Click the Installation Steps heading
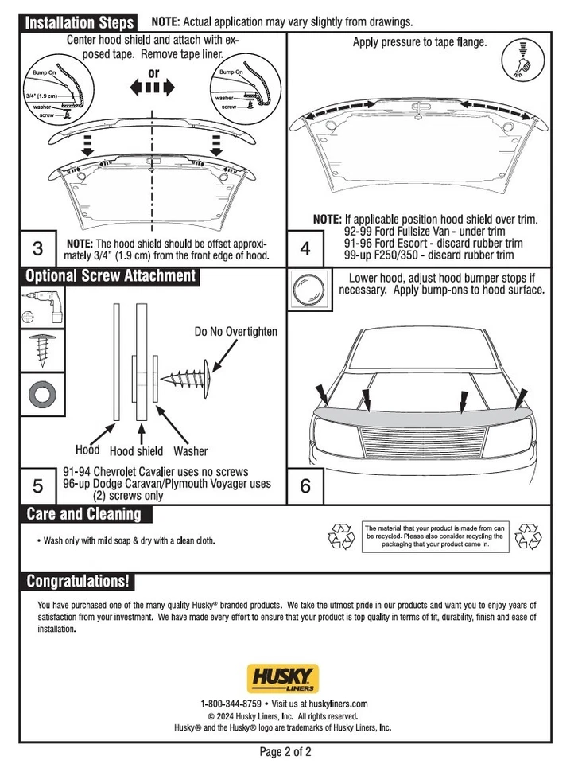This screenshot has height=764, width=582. pyautogui.click(x=79, y=22)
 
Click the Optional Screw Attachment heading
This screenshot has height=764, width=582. pyautogui.click(x=110, y=276)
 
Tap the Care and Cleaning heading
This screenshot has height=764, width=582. pyautogui.click(x=83, y=513)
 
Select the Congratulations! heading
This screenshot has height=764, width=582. pyautogui.click(x=76, y=581)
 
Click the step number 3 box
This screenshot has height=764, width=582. pyautogui.click(x=37, y=248)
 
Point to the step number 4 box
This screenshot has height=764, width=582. pyautogui.click(x=305, y=248)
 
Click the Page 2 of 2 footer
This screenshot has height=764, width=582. pyautogui.click(x=291, y=751)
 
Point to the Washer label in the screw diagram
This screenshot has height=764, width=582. pyautogui.click(x=190, y=451)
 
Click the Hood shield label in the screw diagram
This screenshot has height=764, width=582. pyautogui.click(x=136, y=451)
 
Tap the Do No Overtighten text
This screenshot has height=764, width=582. pyautogui.click(x=236, y=331)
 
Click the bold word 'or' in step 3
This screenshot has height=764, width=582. pyautogui.click(x=153, y=73)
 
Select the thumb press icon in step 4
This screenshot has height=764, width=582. pyautogui.click(x=522, y=60)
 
